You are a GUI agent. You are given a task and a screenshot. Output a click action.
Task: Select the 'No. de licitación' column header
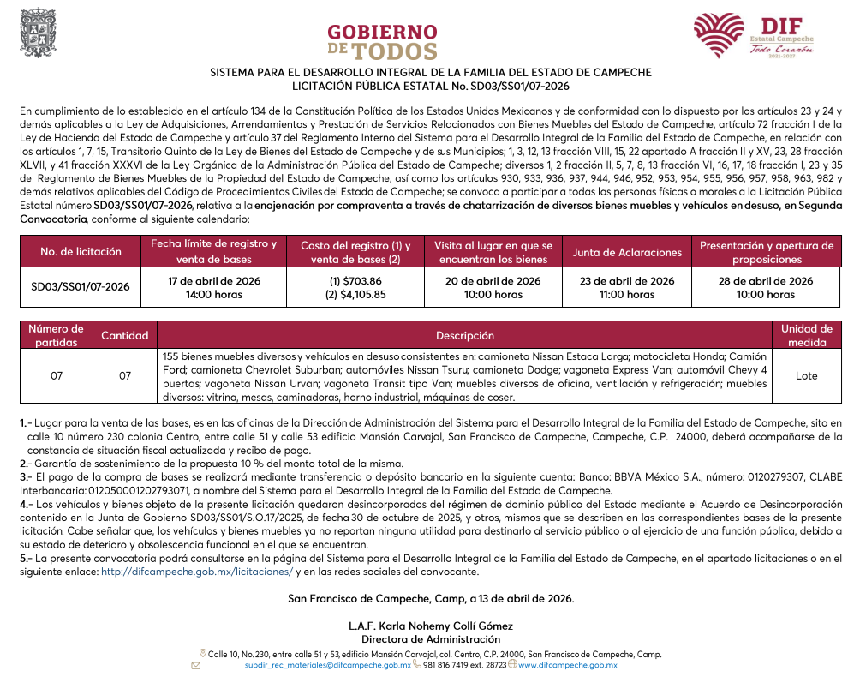point(81,252)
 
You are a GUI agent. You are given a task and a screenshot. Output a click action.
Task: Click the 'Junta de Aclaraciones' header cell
point(627,252)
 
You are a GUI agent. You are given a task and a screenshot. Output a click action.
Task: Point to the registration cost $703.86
point(355,281)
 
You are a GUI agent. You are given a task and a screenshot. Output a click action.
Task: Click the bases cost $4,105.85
point(355,295)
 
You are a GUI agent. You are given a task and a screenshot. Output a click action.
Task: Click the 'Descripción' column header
point(464,336)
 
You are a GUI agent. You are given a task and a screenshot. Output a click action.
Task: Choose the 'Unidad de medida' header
point(806,335)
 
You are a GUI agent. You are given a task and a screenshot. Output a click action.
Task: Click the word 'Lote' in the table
point(806,376)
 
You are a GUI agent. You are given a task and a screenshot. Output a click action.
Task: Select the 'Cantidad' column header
point(125,336)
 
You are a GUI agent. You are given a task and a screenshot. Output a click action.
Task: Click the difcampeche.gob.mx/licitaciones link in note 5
point(197,572)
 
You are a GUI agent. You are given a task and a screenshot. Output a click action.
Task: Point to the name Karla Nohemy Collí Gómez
point(431,626)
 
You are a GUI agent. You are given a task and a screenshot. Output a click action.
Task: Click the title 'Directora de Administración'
point(430,639)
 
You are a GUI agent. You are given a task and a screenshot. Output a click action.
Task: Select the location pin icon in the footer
point(202,654)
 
